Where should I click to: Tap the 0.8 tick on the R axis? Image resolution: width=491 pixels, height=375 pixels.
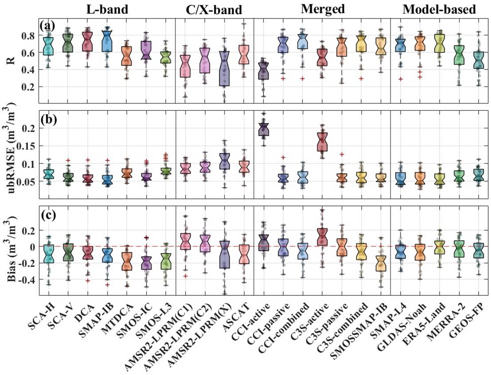click(30, 35)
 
